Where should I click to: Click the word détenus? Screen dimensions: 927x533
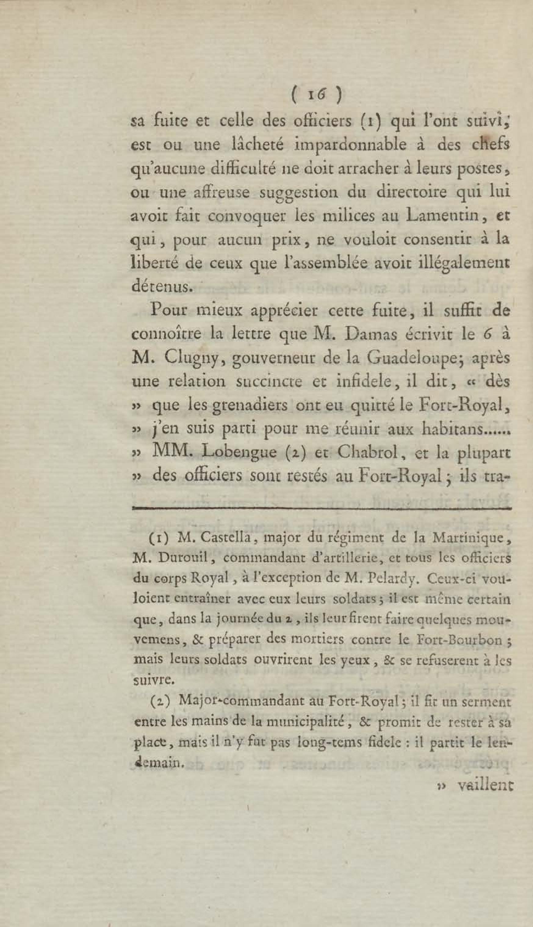[161, 286]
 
